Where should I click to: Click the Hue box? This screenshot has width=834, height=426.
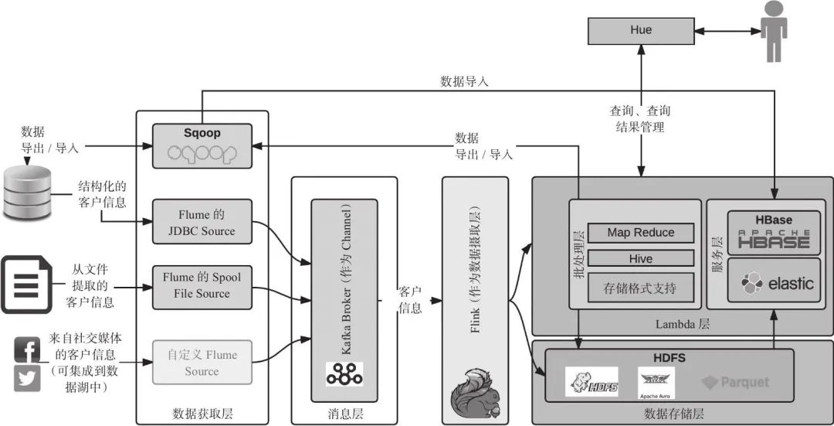pos(641,31)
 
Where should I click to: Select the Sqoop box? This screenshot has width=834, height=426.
pos(202,146)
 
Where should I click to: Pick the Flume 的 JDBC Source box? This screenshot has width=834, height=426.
pos(202,222)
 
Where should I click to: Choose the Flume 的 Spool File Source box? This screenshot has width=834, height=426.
pos(202,285)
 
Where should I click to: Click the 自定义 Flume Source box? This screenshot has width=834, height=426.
pos(202,363)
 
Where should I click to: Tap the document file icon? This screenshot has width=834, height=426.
pos(26,285)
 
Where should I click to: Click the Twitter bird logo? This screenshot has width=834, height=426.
pos(27,378)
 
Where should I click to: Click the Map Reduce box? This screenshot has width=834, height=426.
pos(640,233)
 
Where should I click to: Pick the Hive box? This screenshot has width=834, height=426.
pos(640,259)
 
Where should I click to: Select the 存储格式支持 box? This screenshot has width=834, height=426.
pos(640,288)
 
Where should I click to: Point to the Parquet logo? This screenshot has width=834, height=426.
pos(735,382)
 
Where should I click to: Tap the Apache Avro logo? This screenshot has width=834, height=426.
pos(656,382)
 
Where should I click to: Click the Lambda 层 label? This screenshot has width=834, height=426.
pos(683,325)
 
